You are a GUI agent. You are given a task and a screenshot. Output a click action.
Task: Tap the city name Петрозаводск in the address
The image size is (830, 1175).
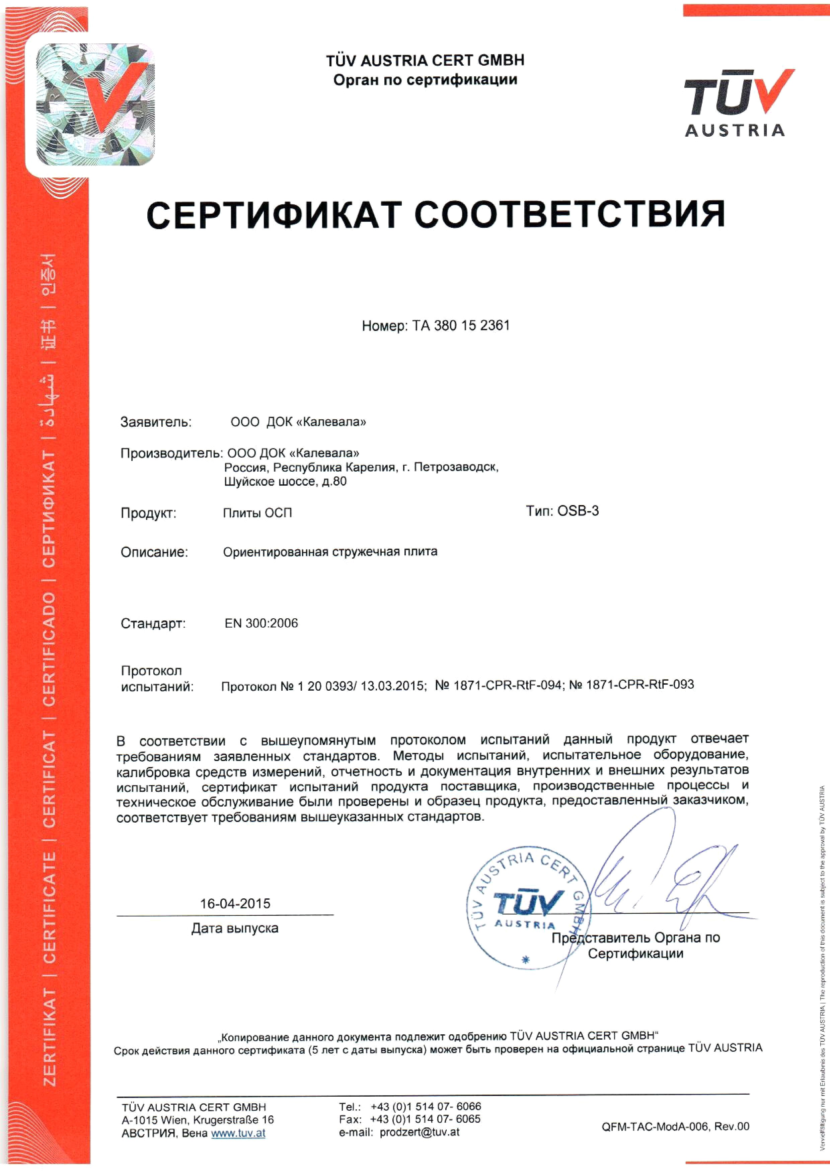click(x=456, y=467)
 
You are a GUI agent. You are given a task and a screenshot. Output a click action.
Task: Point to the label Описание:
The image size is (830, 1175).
click(x=154, y=552)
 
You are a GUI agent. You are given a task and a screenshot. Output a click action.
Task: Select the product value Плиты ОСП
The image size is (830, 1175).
click(x=257, y=513)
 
